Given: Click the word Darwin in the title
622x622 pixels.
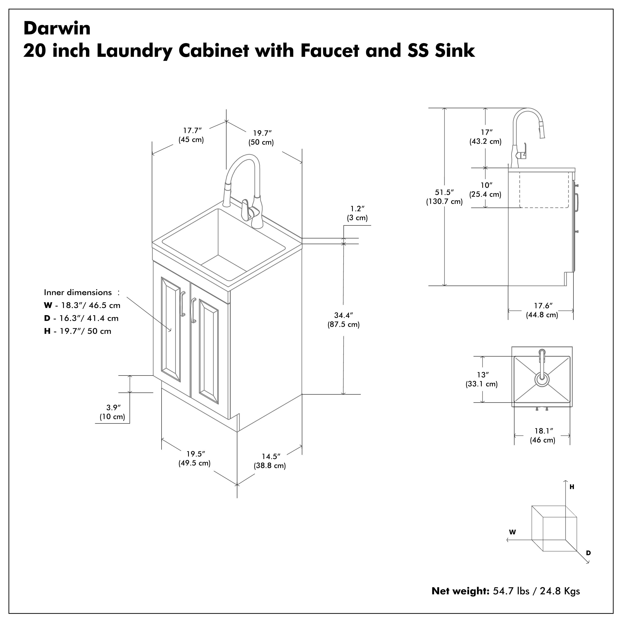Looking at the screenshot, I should point(57,28).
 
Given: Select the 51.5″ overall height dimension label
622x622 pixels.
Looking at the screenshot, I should point(444,197).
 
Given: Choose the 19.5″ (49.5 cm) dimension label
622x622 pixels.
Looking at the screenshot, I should point(195,458).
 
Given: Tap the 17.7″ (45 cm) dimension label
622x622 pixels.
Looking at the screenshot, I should point(192,135).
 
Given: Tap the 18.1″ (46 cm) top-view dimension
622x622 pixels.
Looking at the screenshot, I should point(543,435).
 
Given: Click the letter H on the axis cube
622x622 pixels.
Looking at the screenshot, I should point(572,487).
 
